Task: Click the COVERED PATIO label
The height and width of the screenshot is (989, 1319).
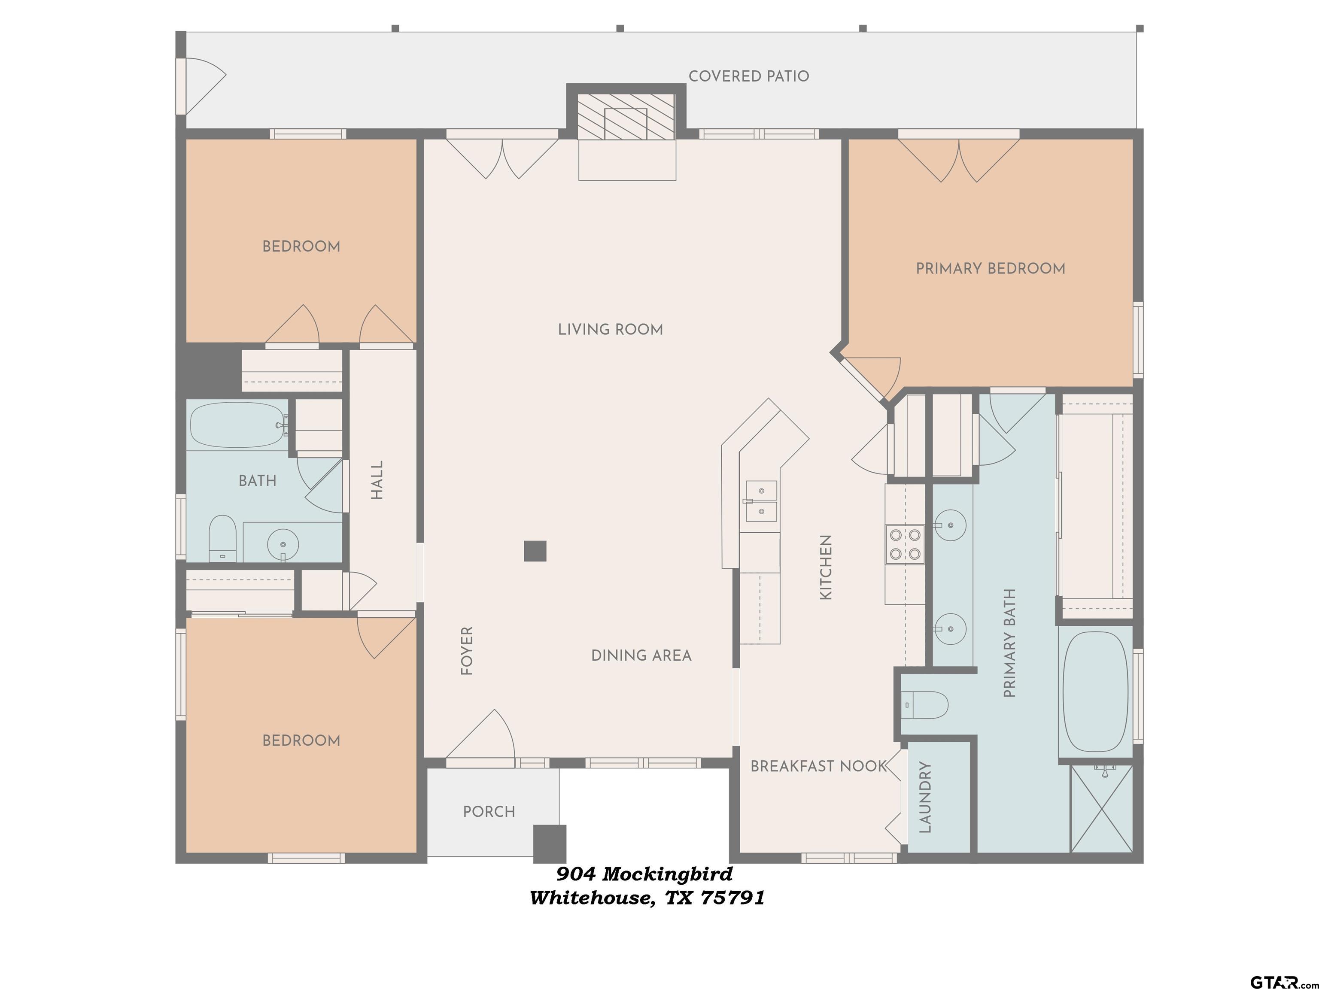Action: (x=748, y=76)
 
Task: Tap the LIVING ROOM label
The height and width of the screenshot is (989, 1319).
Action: (x=610, y=330)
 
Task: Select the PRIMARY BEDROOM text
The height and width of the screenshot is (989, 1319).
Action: (x=991, y=269)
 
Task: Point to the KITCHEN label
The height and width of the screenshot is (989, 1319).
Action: (x=826, y=567)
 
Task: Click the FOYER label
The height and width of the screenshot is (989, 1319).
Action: (x=467, y=650)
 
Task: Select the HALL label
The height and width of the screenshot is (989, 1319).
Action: (x=377, y=480)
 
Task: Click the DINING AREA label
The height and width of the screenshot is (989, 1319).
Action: (x=641, y=656)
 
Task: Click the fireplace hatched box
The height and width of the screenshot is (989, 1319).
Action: (x=626, y=116)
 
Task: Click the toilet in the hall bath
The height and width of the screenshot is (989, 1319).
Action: (x=222, y=538)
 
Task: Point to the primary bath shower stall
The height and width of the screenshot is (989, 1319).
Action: (x=1101, y=808)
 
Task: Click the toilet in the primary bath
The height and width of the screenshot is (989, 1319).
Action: (x=924, y=705)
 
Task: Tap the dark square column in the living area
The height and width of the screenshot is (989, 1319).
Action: (x=535, y=551)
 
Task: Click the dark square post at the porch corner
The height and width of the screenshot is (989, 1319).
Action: (x=549, y=843)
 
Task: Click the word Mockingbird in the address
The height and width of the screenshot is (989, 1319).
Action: (x=667, y=874)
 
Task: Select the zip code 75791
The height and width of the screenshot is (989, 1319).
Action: (x=732, y=898)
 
